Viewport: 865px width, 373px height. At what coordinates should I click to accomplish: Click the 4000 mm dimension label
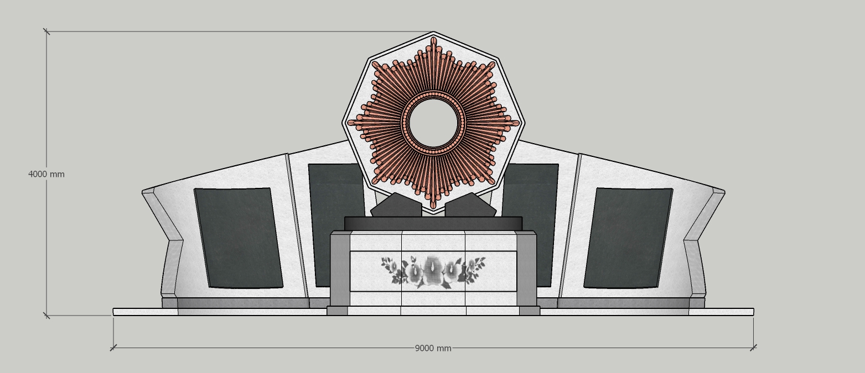46,175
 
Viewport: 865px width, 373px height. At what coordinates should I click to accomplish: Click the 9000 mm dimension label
433,348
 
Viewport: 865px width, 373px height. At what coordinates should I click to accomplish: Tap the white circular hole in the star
433,123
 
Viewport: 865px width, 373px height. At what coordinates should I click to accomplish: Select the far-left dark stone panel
239,238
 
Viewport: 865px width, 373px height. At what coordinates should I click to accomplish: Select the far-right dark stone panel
628,238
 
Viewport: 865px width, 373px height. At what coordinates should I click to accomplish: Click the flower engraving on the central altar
433,271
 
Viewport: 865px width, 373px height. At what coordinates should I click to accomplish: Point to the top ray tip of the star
433,38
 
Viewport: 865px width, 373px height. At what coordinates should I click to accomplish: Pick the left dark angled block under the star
396,205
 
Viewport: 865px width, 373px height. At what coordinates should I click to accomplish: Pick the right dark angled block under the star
471,205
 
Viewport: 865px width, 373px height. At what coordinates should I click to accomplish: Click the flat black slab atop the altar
433,224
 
